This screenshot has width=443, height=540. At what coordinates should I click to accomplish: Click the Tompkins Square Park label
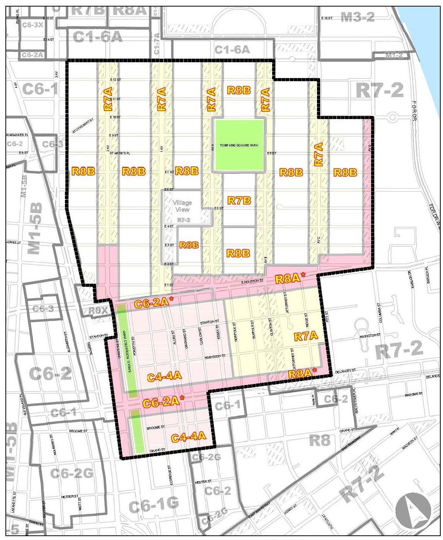[239, 145]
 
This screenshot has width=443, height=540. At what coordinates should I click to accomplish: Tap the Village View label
[182, 206]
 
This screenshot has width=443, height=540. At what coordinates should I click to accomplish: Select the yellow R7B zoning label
[239, 200]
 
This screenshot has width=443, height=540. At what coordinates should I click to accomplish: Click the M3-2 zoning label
[358, 17]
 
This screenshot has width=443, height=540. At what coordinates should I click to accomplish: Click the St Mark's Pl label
[119, 153]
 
